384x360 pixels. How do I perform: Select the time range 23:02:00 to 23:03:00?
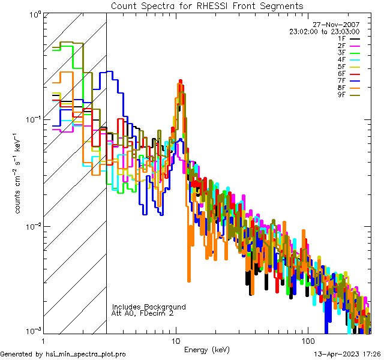point(324,31)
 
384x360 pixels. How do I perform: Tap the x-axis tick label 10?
point(175,340)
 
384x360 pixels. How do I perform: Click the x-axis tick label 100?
point(307,340)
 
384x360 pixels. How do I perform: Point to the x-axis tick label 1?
point(43,340)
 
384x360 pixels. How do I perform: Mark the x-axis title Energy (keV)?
point(206,350)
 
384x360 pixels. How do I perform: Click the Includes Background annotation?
point(149,307)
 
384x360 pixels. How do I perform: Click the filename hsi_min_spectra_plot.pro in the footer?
point(86,354)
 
